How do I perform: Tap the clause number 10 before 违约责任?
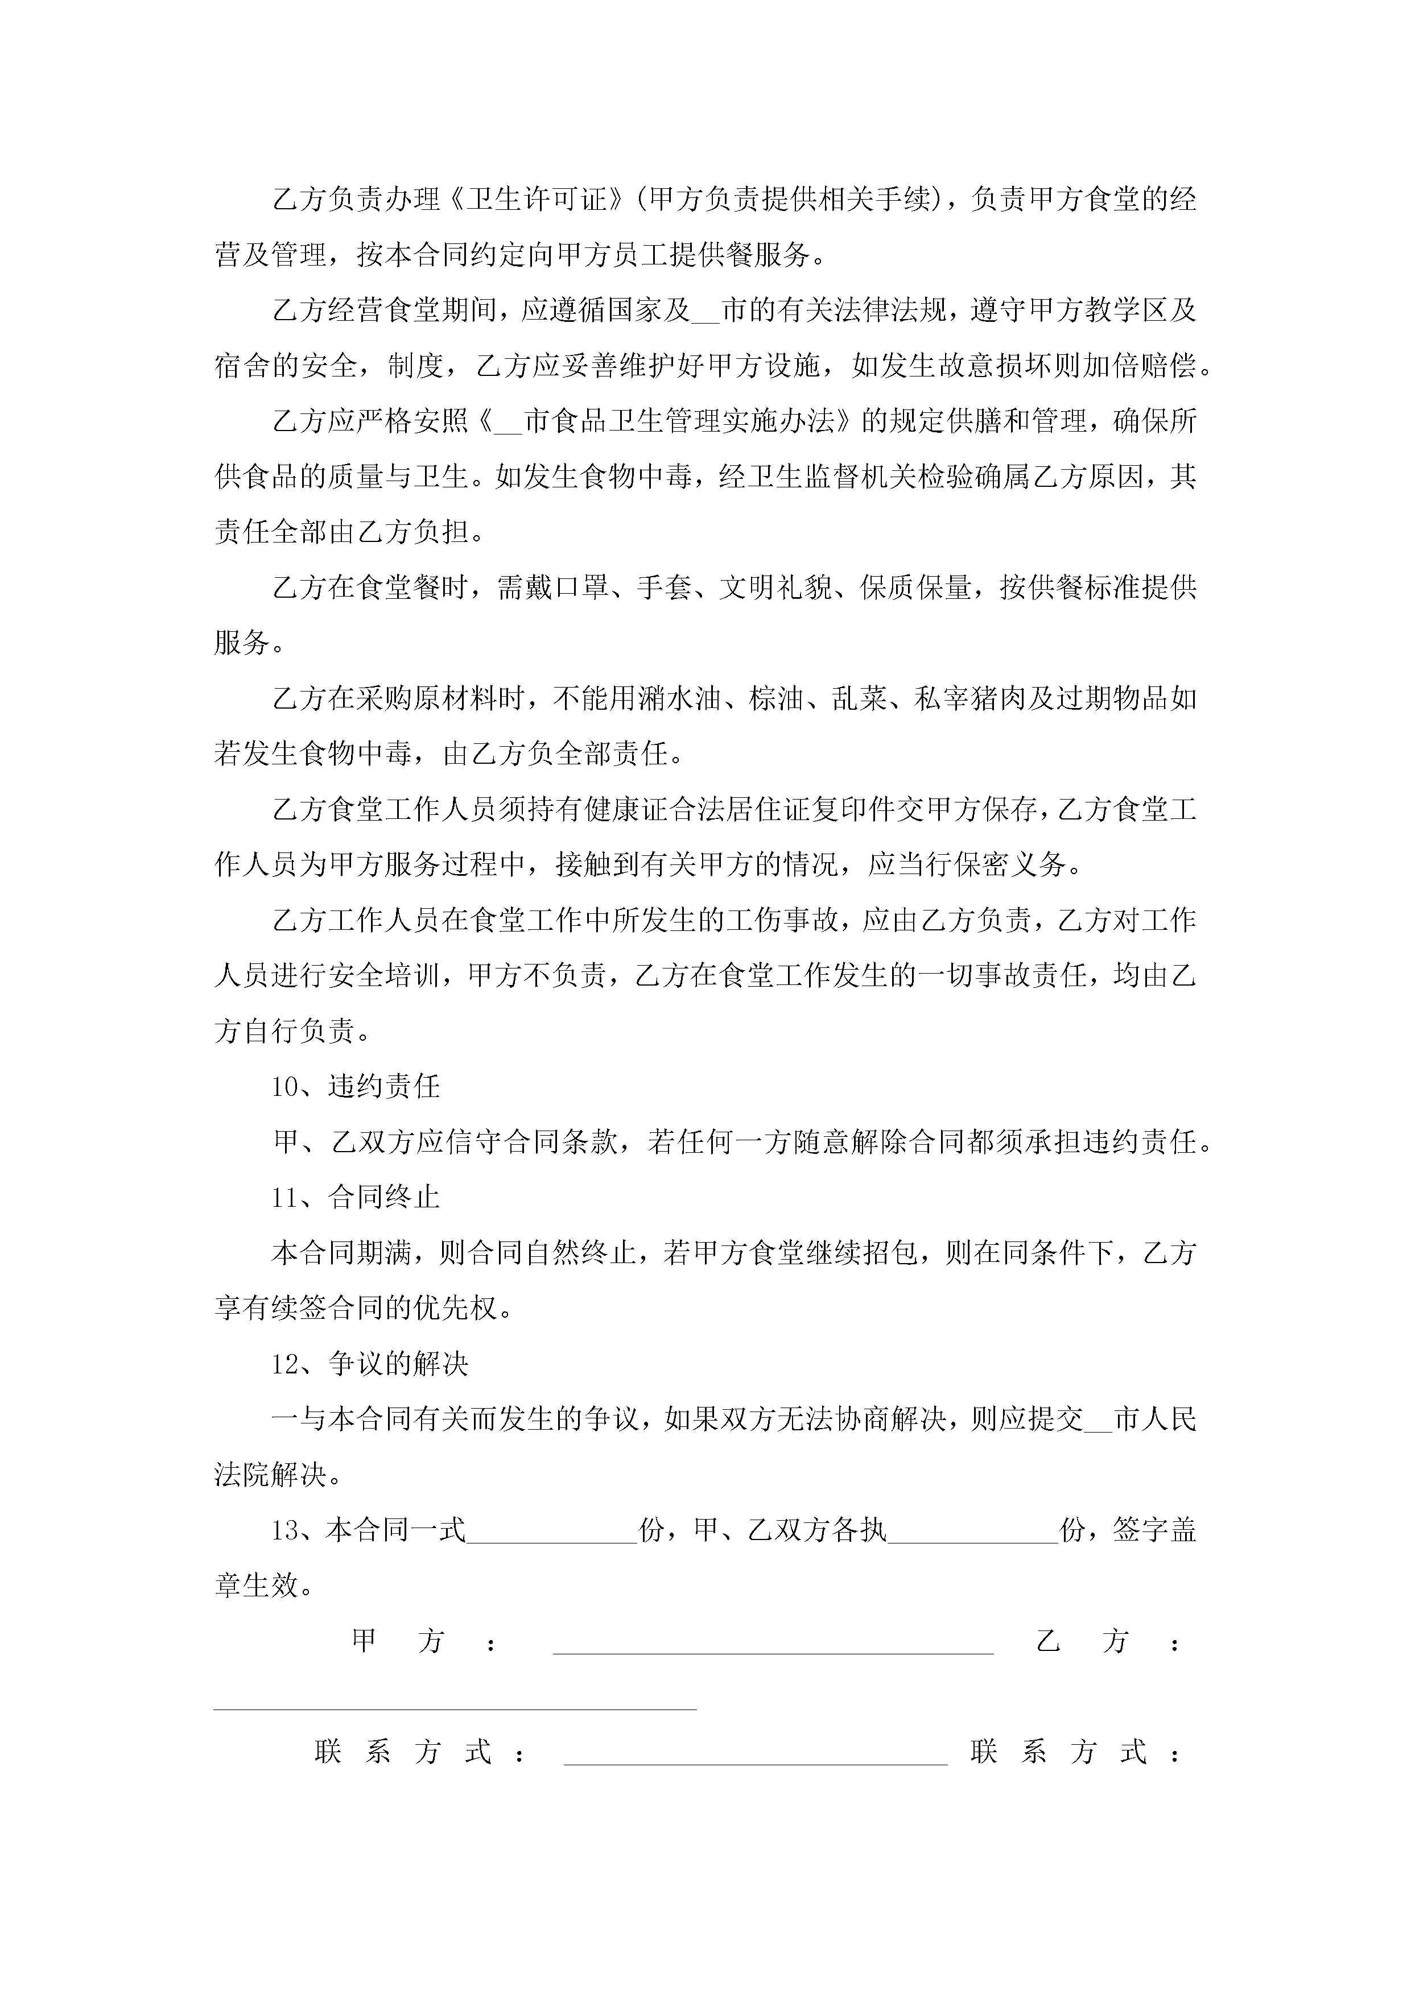tap(284, 1087)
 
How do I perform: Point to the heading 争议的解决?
tap(398, 1364)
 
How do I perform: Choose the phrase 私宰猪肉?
tap(969, 698)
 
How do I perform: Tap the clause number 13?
tap(284, 1530)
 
